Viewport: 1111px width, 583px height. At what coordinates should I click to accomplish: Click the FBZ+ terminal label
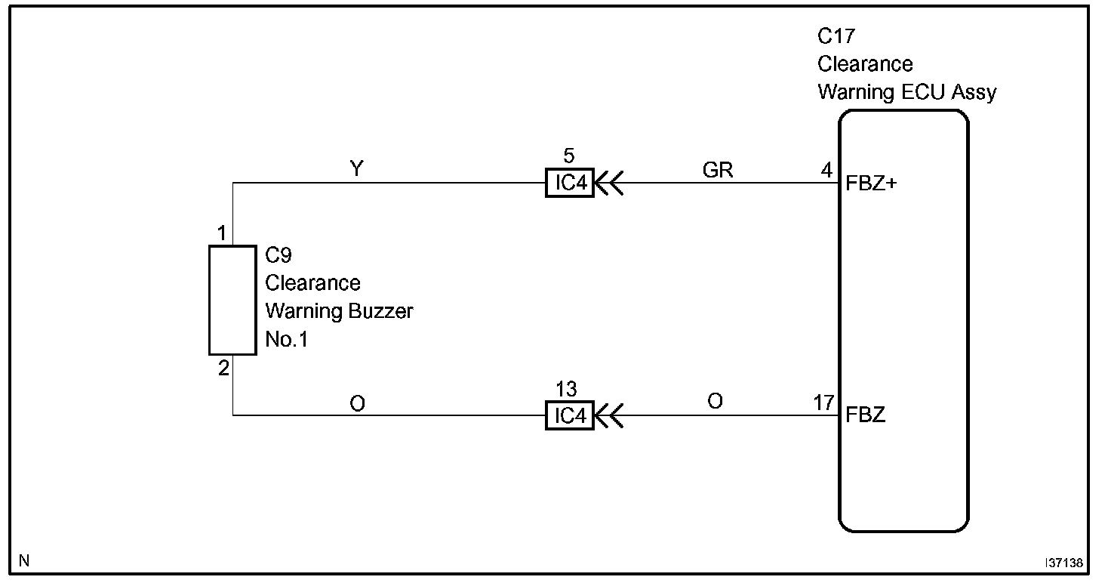click(x=872, y=183)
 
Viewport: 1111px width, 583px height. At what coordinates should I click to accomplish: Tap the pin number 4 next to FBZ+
click(x=827, y=171)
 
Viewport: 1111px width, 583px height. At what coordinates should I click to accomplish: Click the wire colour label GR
click(x=717, y=171)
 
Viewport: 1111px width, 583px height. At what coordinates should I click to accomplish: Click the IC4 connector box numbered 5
click(x=570, y=184)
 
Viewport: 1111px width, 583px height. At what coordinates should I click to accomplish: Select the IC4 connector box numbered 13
click(x=570, y=416)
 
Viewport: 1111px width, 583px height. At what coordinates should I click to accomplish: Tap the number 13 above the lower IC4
click(x=566, y=390)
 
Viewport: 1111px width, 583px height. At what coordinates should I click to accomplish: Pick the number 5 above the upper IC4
click(x=569, y=156)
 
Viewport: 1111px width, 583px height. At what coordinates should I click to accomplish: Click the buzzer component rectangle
click(x=232, y=300)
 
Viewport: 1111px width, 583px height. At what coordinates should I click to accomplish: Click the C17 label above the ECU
click(x=836, y=35)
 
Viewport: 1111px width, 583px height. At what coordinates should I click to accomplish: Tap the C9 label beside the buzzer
click(x=279, y=255)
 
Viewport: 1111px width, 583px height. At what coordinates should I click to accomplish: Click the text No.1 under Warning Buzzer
click(x=287, y=340)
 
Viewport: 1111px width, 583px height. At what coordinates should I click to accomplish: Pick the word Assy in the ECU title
click(x=974, y=92)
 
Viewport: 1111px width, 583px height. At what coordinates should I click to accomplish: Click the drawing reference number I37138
click(x=1064, y=563)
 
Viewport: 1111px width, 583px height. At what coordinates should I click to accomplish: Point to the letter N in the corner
click(x=24, y=561)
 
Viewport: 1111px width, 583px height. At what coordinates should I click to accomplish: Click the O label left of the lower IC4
click(x=358, y=404)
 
